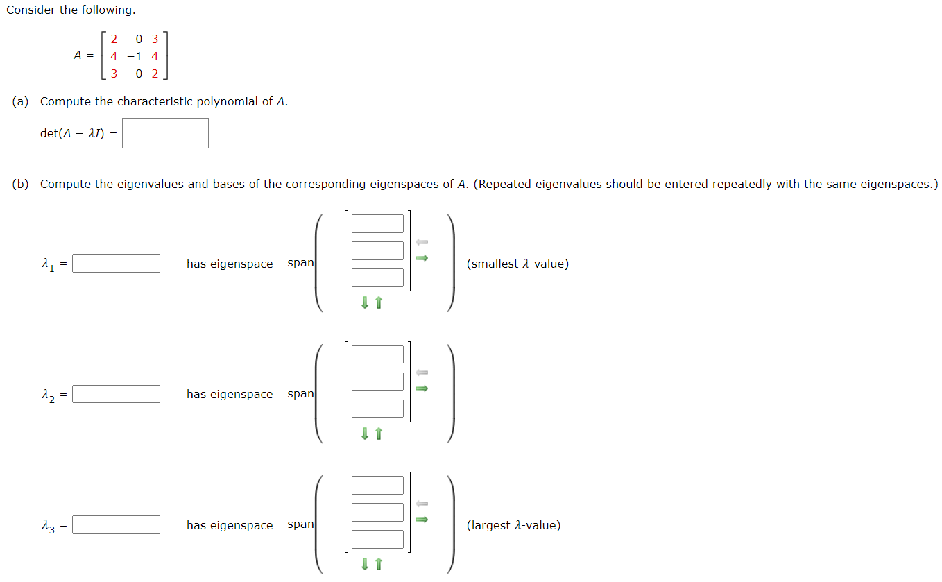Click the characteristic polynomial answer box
click(x=165, y=133)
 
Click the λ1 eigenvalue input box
click(x=116, y=264)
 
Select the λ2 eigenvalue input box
click(x=116, y=394)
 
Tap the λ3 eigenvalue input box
click(x=116, y=525)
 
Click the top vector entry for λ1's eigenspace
click(x=377, y=224)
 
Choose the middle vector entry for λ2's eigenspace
click(x=377, y=382)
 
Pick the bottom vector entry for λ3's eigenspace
click(x=377, y=539)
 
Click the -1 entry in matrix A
click(x=135, y=56)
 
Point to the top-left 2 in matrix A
click(x=114, y=39)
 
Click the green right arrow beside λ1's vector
click(x=422, y=258)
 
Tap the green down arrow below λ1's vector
click(x=364, y=303)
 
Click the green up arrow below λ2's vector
click(x=379, y=434)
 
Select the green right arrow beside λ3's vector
click(x=422, y=519)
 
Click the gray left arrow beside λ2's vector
click(x=422, y=373)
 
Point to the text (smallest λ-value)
click(x=517, y=264)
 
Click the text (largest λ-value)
click(x=513, y=525)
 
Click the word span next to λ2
click(x=300, y=394)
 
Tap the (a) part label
click(x=20, y=101)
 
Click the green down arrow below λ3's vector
click(x=364, y=565)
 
